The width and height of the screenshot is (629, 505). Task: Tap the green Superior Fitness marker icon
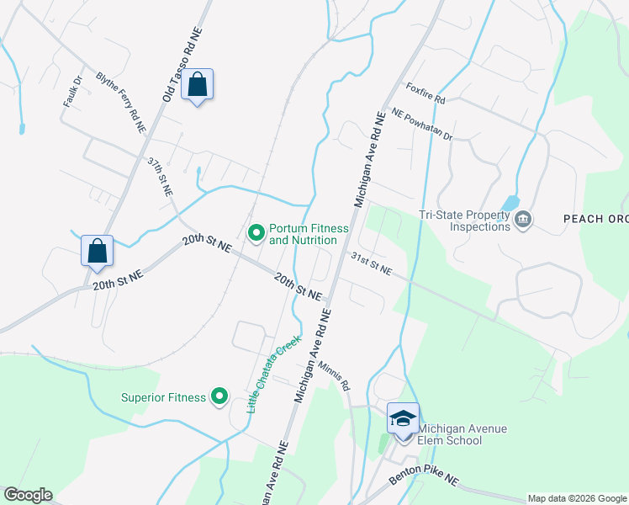[219, 396]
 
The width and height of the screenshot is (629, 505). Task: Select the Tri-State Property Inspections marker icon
[523, 221]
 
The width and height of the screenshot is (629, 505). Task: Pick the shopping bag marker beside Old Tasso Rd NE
[197, 84]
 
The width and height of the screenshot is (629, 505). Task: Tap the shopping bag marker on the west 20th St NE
[98, 251]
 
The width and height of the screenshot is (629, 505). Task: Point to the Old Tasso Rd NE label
[183, 64]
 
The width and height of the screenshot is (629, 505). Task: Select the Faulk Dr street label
[72, 92]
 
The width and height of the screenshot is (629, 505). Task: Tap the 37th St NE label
[160, 176]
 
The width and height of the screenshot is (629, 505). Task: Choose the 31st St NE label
[371, 263]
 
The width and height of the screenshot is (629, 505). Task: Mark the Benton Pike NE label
[424, 481]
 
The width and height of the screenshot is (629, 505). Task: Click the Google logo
[28, 495]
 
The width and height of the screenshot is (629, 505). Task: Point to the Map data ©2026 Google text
[576, 498]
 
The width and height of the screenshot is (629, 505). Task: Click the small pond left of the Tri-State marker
[510, 203]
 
